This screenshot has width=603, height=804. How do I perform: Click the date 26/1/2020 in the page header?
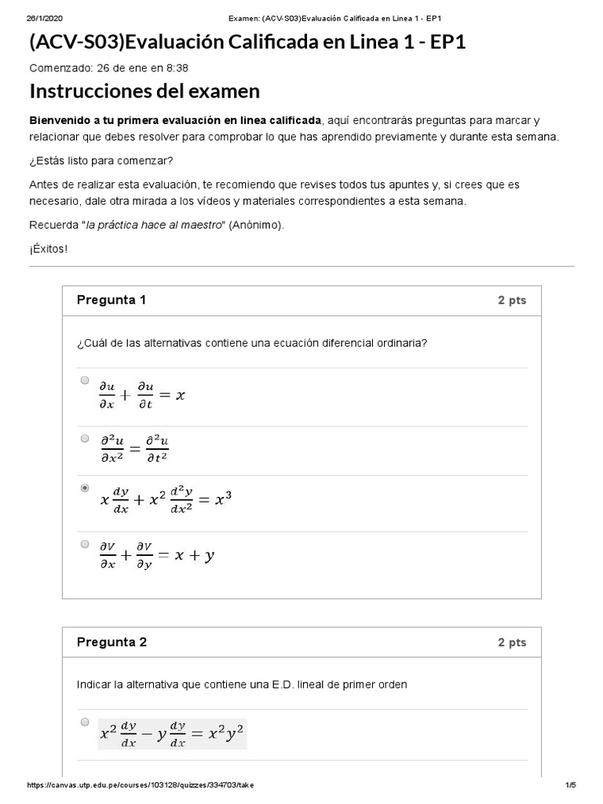42,18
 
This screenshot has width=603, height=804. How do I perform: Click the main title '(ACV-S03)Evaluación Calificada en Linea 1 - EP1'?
247,42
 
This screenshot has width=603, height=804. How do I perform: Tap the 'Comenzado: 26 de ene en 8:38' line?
108,68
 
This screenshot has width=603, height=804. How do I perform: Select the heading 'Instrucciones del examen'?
144,92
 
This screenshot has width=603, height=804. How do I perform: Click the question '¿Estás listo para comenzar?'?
101,160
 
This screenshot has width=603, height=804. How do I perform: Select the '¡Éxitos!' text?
49,250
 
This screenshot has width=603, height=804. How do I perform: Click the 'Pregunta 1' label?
111,300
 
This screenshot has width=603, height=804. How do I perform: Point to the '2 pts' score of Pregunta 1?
512,300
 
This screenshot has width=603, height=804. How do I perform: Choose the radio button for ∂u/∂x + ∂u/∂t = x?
85,380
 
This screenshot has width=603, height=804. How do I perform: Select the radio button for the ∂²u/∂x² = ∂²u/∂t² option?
85,438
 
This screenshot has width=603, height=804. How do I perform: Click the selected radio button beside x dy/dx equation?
85,488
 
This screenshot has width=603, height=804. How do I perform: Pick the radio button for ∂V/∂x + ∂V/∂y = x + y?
85,543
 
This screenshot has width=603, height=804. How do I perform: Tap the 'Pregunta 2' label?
111,641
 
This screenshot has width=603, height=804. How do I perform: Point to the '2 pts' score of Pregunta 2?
512,642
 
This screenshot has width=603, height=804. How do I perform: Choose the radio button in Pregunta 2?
85,722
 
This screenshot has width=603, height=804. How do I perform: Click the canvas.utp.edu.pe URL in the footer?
141,785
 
